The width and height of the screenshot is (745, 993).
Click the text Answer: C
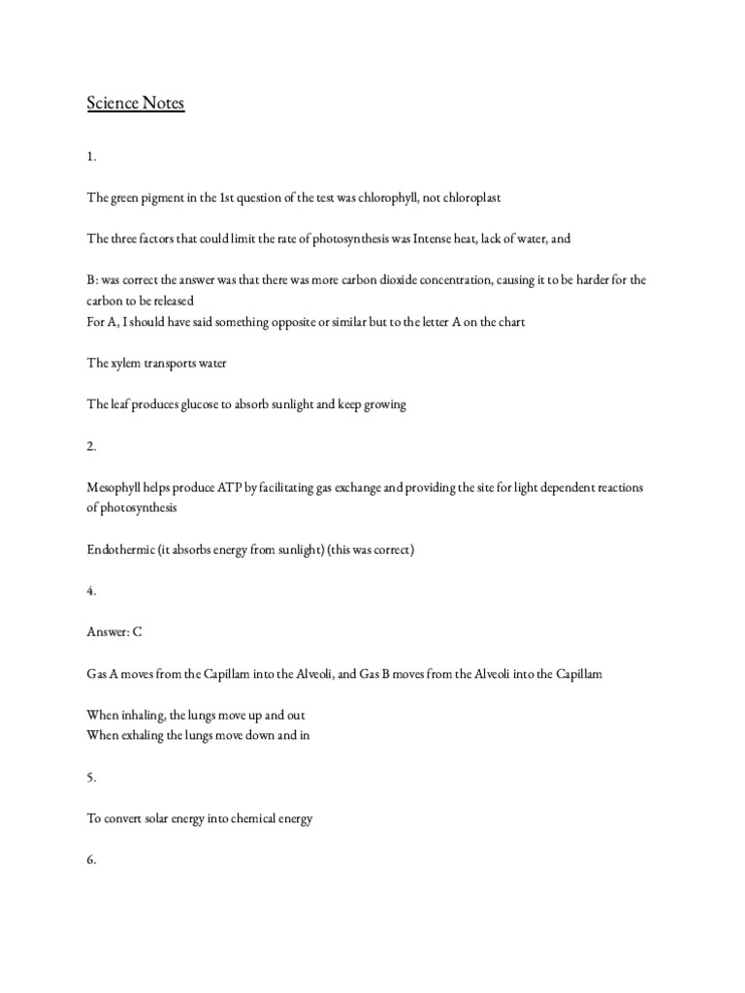click(x=114, y=632)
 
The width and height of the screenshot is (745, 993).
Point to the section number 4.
click(x=90, y=592)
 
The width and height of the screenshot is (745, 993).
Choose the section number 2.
click(x=90, y=446)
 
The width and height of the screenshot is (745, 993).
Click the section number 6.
click(x=90, y=860)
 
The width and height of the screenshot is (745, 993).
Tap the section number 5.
click(x=90, y=777)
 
